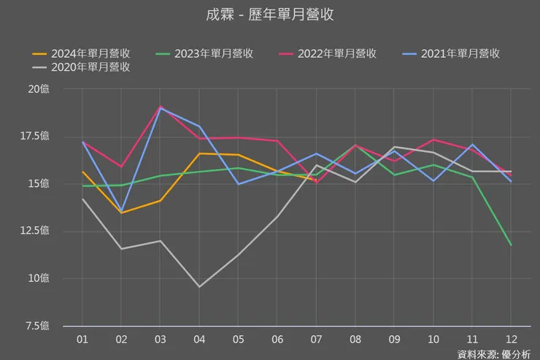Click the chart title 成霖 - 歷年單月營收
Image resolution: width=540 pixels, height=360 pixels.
270,15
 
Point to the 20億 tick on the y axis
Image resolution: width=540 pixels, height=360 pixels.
39,89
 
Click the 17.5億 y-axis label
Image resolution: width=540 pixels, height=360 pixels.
34,136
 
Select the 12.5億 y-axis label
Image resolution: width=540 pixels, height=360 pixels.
34,231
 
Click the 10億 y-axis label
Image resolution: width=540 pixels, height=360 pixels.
39,278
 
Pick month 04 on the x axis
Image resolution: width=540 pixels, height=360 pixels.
199,340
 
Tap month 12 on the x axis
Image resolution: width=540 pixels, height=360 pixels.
510,340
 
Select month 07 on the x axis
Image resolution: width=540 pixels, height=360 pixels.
316,340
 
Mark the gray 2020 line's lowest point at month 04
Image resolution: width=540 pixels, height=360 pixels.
199,286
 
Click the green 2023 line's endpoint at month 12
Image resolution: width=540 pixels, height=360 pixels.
510,245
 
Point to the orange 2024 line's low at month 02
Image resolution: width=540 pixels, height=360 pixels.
121,212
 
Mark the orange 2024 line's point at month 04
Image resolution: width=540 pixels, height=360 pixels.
199,153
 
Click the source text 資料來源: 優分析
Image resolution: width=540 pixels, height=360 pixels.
494,354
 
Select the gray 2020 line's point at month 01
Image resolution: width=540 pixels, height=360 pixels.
82,199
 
